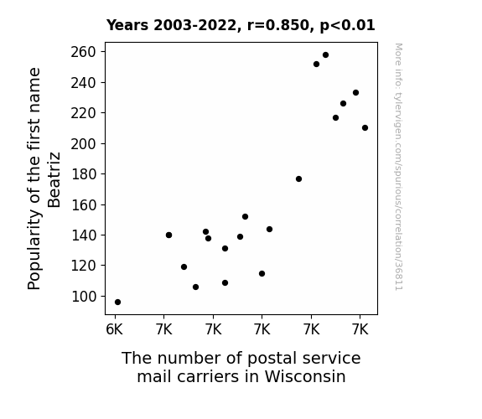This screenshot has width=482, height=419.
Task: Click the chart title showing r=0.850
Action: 241,25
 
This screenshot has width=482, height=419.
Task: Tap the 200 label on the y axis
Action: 84,143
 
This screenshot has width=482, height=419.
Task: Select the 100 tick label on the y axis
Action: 84,297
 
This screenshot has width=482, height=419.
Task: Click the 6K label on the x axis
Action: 114,329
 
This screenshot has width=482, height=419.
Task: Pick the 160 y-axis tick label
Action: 84,204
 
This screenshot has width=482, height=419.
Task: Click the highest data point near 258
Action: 325,55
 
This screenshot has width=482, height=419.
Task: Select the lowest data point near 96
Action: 117,303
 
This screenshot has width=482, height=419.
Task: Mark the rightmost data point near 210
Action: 365,128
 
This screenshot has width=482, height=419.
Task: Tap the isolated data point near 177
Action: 298,178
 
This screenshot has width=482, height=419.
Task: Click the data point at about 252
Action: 316,65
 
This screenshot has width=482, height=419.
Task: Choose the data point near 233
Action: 355,92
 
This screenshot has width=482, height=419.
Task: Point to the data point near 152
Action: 245,217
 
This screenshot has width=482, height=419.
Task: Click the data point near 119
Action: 184,266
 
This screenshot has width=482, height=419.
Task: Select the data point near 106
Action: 195,287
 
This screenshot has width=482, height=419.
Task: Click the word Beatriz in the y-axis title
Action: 54,180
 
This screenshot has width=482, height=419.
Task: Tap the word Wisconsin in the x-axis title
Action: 305,376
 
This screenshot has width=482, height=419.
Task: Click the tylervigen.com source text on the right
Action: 398,167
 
